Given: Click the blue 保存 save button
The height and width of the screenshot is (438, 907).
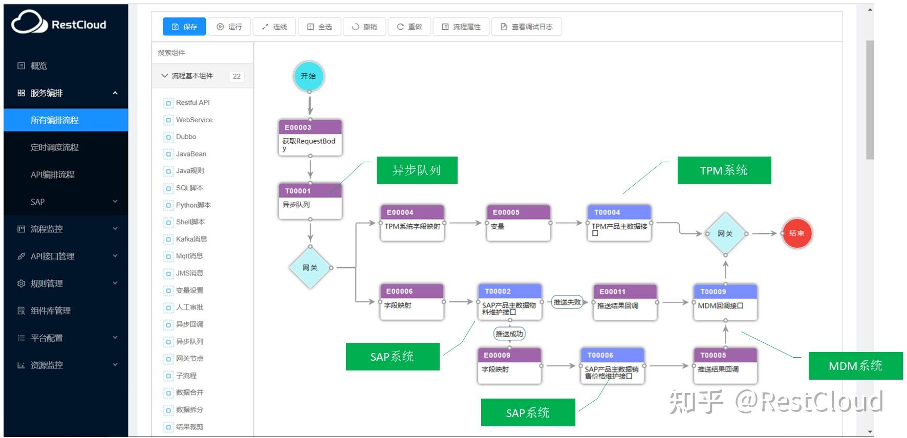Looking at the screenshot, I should click(x=184, y=27).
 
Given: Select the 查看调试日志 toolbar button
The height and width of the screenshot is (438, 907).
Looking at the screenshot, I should click(x=526, y=27).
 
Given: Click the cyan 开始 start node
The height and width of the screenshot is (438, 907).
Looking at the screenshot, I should click(x=309, y=76).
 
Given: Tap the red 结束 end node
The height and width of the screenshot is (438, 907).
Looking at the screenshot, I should click(x=796, y=233).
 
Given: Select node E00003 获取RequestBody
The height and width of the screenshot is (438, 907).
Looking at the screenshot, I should click(x=310, y=138).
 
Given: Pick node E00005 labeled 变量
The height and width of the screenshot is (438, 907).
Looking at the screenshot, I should click(x=518, y=223).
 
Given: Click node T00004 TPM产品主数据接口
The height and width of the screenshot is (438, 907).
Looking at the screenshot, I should click(x=619, y=223).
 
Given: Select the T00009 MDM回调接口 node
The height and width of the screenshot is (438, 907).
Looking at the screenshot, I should click(x=725, y=302).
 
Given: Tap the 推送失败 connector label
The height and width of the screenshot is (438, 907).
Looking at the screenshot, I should click(x=567, y=302).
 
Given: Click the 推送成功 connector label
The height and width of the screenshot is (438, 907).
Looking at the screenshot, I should click(x=509, y=334).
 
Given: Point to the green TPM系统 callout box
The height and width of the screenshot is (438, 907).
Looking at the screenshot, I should click(x=724, y=170).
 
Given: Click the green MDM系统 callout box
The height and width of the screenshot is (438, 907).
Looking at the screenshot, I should click(x=855, y=366).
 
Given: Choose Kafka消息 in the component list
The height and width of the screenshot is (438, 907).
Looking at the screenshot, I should click(x=191, y=239).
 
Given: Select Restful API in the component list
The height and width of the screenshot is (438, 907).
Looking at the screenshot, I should click(x=192, y=102).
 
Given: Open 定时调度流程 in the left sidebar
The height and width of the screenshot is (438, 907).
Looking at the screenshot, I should click(x=55, y=147).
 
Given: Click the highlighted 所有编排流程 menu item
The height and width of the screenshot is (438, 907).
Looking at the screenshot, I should click(x=55, y=120).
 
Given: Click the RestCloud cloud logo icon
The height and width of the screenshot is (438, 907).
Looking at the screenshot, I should click(x=29, y=22).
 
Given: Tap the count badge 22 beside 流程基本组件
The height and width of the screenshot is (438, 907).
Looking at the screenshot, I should click(x=236, y=76).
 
